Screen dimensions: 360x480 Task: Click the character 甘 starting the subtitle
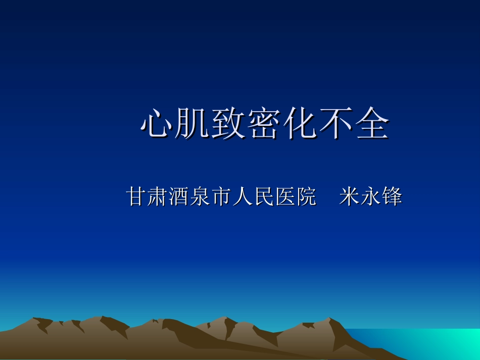(x=136, y=196)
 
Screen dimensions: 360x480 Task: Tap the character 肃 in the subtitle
(x=157, y=196)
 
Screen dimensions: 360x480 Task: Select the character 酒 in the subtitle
(x=178, y=196)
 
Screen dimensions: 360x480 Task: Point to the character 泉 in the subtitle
(x=200, y=196)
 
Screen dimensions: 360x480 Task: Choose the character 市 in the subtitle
(x=221, y=196)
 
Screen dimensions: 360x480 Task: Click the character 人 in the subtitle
(x=242, y=196)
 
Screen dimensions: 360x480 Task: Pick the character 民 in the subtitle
(x=263, y=196)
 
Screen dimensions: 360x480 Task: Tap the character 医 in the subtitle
(x=284, y=196)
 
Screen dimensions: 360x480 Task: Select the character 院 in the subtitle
(x=306, y=196)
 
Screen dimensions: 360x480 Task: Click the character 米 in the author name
(x=349, y=196)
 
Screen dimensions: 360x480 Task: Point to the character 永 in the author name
(x=370, y=196)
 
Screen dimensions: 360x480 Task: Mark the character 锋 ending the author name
(x=392, y=196)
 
